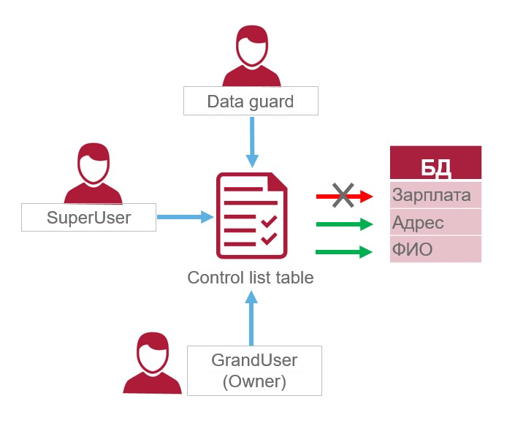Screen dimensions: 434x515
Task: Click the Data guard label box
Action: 251,101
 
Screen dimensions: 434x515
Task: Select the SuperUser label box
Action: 88,217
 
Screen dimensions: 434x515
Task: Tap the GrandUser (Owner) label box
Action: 254,370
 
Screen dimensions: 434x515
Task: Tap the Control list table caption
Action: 251,278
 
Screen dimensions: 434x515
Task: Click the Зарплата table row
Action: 435,196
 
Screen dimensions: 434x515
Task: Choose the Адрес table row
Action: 435,222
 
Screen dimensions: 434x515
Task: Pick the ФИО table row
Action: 435,249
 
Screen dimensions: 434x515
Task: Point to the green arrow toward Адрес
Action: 343,224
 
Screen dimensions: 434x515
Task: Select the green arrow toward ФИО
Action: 343,253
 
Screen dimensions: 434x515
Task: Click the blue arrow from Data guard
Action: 252,142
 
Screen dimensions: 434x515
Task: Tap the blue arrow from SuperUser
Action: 185,217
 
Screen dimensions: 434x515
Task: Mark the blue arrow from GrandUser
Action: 252,318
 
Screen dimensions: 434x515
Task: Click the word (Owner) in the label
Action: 254,381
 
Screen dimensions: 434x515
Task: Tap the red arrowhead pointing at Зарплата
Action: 366,196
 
